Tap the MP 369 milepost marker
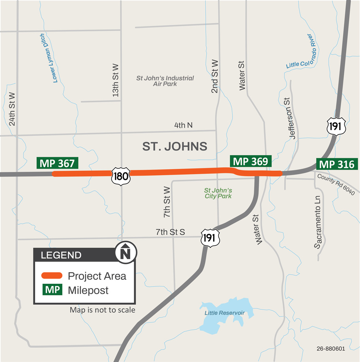click(250, 161)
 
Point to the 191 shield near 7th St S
click(208, 238)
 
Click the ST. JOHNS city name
click(174, 147)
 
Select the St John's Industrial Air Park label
click(165, 81)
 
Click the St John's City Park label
click(218, 193)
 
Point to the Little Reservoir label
click(224, 313)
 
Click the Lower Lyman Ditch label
click(49, 58)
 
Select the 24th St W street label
click(12, 109)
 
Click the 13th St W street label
click(116, 80)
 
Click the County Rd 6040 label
click(336, 184)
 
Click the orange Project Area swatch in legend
click(52, 276)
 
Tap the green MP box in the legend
click(52, 290)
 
